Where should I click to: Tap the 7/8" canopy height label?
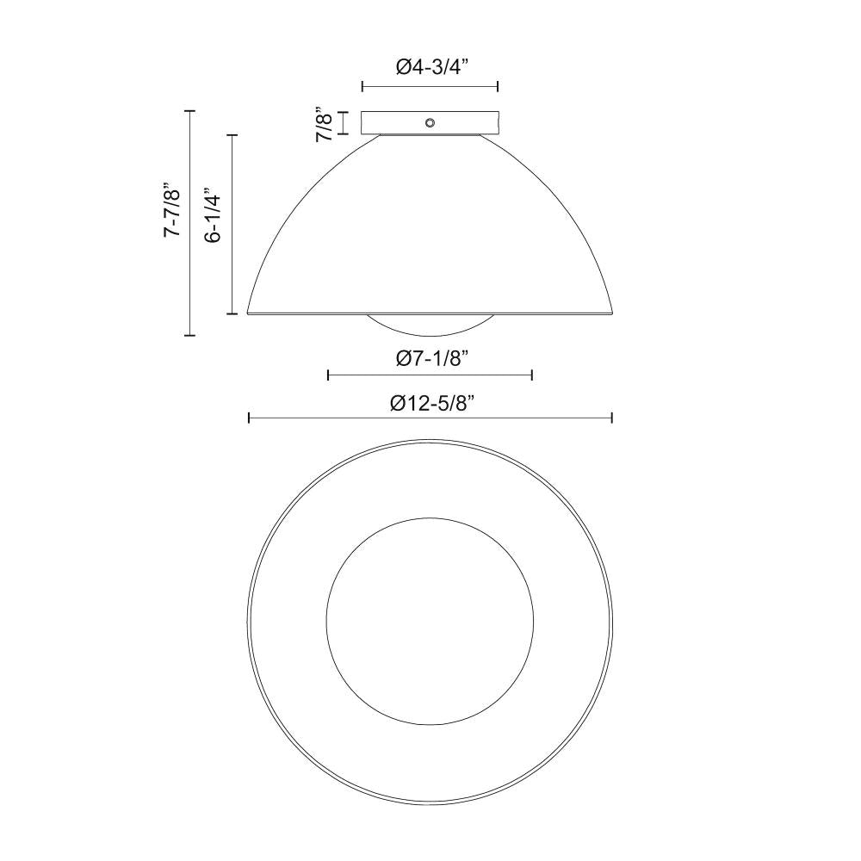325,124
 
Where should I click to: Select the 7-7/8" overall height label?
172,210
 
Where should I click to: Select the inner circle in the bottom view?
430,619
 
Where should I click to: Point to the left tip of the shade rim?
249,312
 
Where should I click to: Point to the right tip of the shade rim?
612,312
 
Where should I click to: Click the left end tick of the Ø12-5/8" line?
249,418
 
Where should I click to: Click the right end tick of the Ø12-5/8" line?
612,418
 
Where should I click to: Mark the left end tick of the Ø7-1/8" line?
328,375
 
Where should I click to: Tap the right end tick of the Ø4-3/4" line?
499,86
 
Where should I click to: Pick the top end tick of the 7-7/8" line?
190,111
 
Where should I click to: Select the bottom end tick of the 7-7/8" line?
190,335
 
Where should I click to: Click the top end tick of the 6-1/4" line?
232,135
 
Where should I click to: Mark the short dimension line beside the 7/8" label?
344,123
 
